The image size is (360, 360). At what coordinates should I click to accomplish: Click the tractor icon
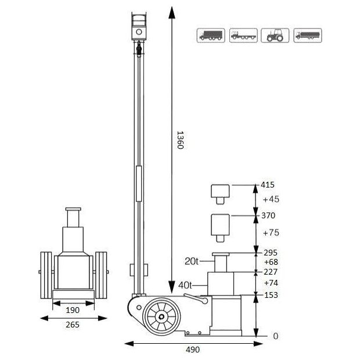click(275, 35)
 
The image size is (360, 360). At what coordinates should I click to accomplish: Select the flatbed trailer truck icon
click(243, 35)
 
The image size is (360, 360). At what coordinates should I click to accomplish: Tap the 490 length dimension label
click(193, 350)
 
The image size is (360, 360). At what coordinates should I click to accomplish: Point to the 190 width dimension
click(73, 309)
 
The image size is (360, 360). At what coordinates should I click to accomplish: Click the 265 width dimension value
click(73, 325)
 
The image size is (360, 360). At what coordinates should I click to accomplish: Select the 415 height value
click(269, 185)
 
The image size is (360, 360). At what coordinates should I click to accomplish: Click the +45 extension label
click(271, 200)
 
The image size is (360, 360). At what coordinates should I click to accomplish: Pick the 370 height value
click(269, 215)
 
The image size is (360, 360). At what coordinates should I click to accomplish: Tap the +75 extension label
click(271, 233)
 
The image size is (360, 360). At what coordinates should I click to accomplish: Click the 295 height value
click(271, 253)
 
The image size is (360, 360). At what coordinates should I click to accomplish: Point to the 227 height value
click(271, 271)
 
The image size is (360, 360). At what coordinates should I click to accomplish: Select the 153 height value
click(271, 295)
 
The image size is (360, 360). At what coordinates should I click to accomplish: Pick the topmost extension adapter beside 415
click(220, 193)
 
